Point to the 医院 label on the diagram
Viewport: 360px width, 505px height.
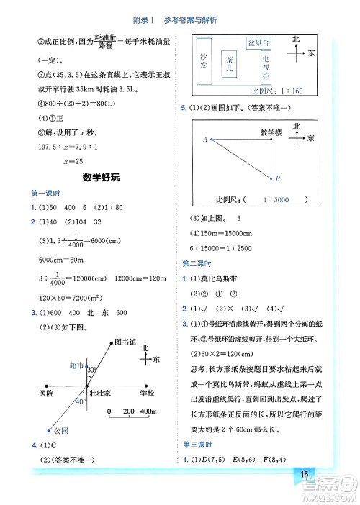tap(45, 394)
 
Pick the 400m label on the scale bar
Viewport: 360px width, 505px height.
tap(149, 411)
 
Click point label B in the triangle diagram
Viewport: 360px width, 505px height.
tap(278, 179)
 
